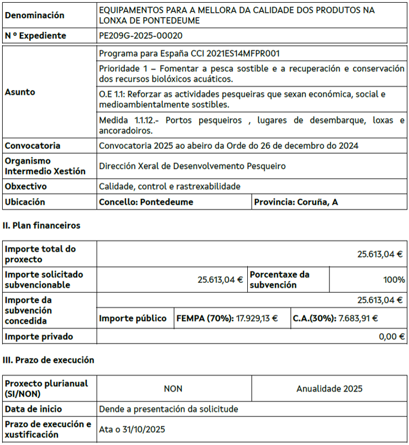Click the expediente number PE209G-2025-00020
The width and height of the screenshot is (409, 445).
(x=141, y=36)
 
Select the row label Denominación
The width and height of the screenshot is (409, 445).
(x=34, y=15)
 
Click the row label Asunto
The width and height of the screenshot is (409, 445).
(x=20, y=92)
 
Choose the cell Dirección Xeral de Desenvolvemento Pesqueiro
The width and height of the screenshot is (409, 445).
(x=193, y=166)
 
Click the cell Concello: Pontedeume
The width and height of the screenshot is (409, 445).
(x=146, y=202)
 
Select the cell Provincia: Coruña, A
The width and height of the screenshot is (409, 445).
(x=296, y=202)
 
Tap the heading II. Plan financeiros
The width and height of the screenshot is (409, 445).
(x=41, y=226)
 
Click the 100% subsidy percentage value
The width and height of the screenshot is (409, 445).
(x=394, y=280)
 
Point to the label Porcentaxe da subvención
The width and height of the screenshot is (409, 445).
(x=280, y=280)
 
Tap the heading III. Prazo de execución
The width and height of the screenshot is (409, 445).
(x=49, y=360)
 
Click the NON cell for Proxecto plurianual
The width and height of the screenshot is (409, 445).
(x=173, y=389)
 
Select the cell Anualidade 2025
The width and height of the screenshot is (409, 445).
(x=330, y=389)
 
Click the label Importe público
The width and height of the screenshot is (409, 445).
(x=133, y=318)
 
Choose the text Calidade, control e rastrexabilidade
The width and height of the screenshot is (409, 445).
(x=170, y=186)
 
